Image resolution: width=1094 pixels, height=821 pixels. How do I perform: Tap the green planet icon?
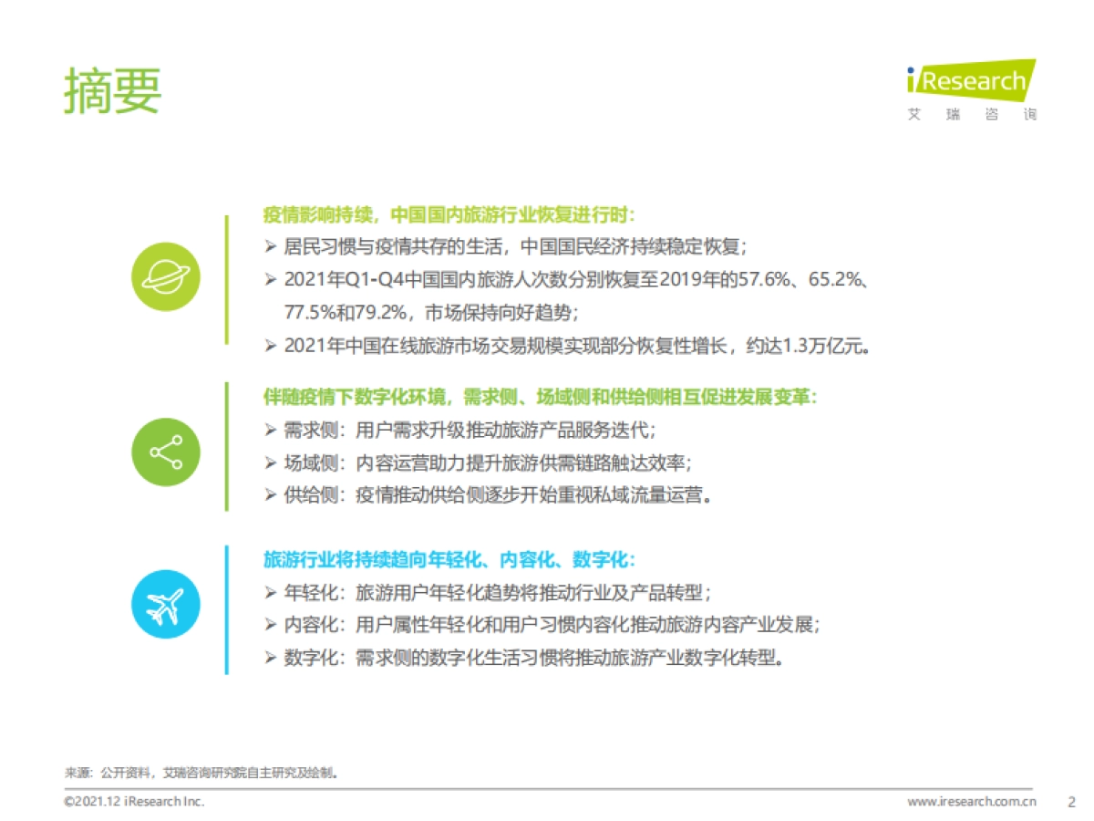[x=165, y=276]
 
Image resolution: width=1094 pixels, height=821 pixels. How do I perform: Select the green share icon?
[x=165, y=452]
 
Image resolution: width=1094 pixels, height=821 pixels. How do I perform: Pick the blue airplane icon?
[x=165, y=604]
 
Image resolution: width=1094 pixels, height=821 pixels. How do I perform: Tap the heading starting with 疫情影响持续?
[x=449, y=215]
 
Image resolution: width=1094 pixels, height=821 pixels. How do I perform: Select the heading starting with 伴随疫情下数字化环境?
[x=540, y=397]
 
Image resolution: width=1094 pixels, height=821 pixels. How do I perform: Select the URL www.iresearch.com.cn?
[x=972, y=802]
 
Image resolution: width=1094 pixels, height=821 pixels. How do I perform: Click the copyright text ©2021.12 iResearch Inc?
[x=133, y=802]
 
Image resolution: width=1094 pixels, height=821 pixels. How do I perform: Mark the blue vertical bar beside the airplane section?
[x=226, y=609]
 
